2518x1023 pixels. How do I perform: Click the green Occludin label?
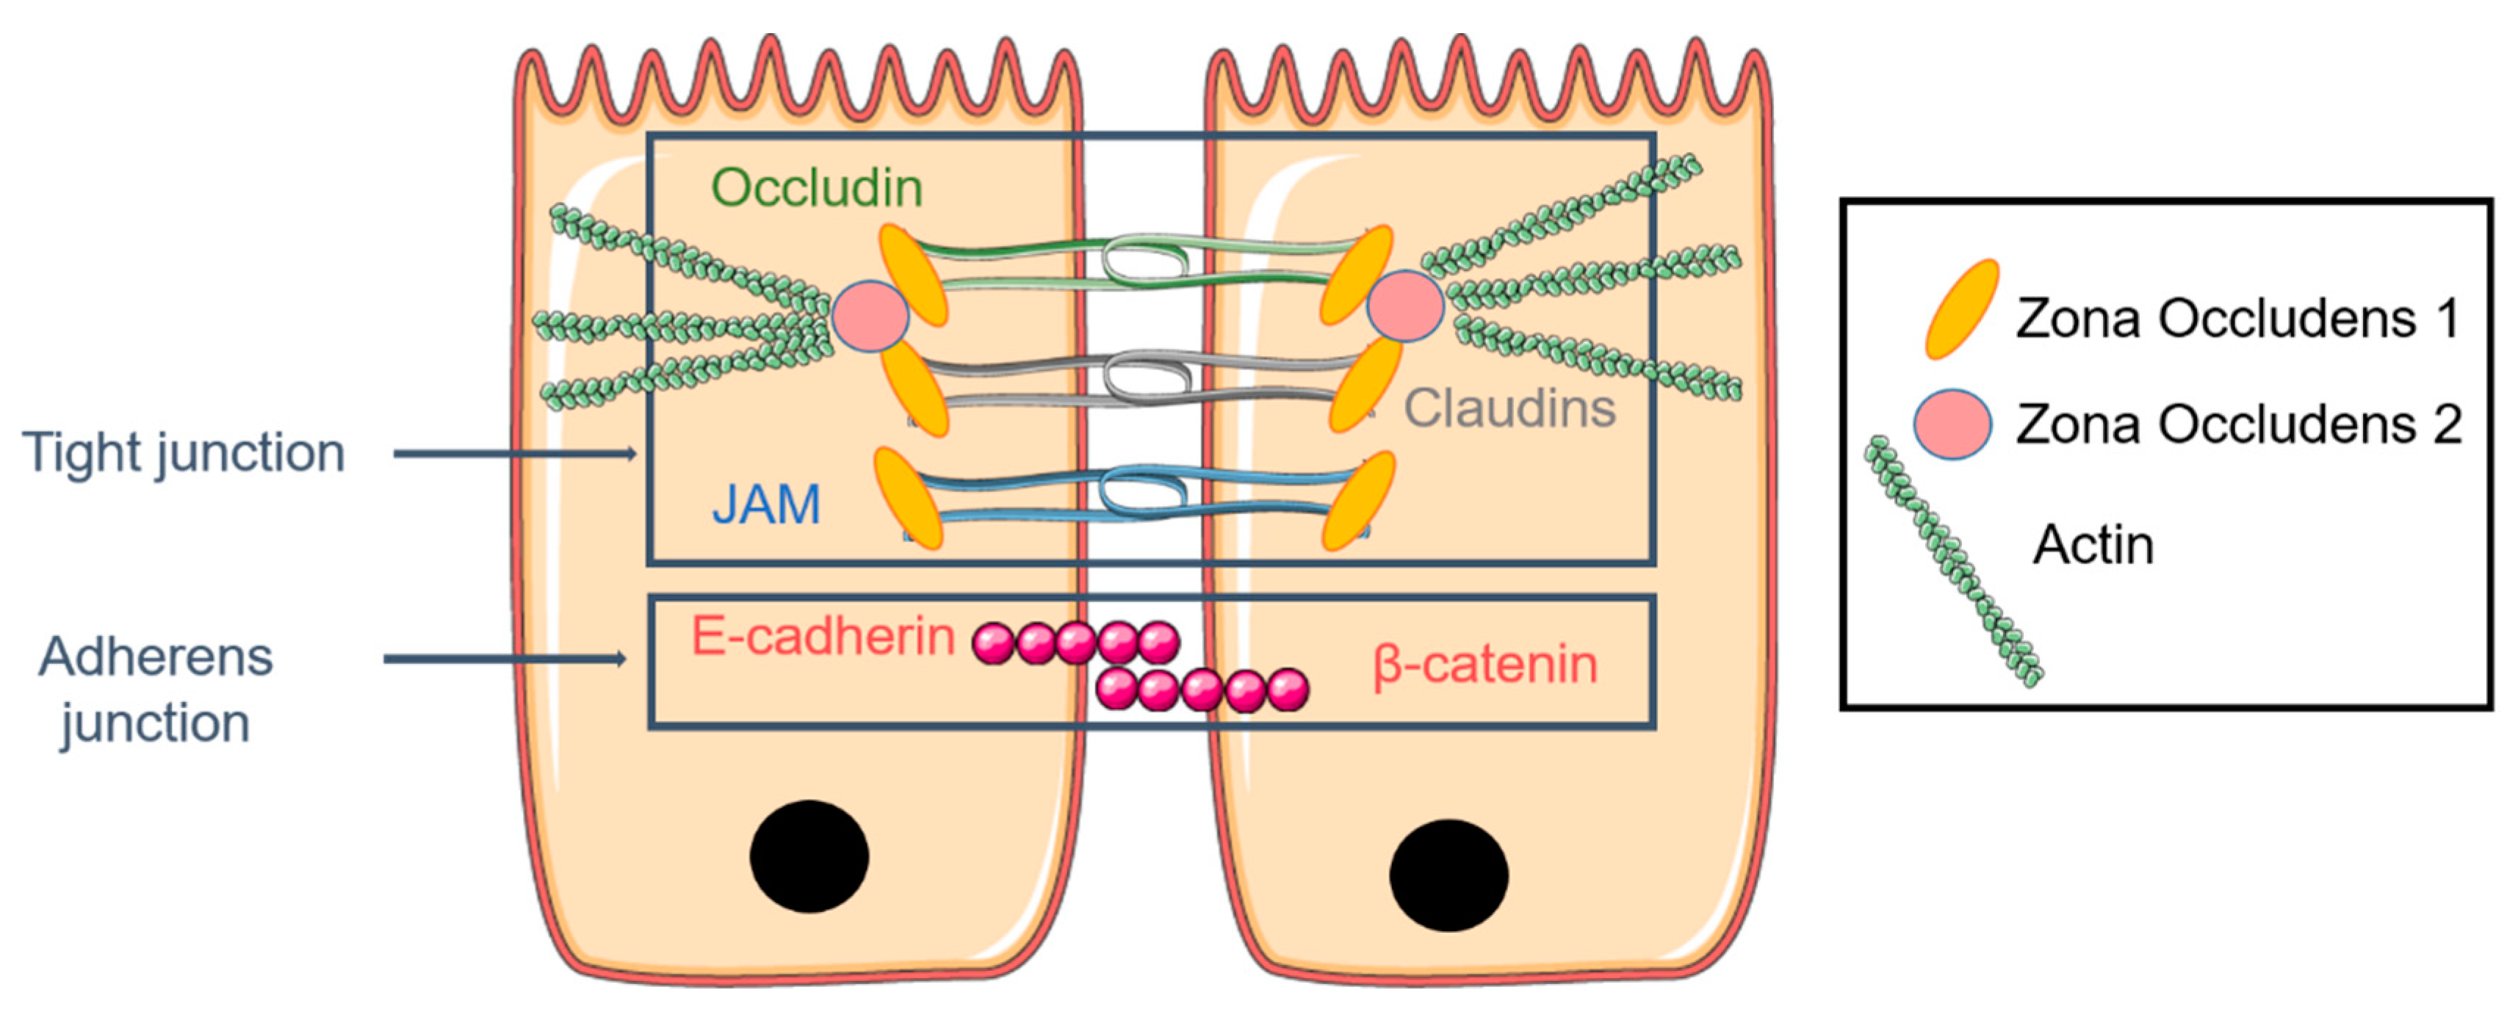tap(816, 187)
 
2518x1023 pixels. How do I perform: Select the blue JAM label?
tap(765, 505)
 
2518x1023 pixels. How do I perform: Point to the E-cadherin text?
tap(822, 637)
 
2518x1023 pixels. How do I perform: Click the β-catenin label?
tap(1485, 665)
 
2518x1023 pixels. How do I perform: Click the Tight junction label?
tap(184, 453)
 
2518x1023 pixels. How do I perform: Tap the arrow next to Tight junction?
tap(514, 453)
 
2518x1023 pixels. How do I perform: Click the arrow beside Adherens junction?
tap(503, 659)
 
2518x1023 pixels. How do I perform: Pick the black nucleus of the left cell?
tap(809, 856)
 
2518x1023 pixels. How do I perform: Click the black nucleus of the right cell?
tap(1448, 875)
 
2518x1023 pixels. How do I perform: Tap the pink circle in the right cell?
tap(1404, 306)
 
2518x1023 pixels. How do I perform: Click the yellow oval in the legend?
tap(1960, 308)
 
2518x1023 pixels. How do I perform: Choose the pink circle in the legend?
tap(1952, 424)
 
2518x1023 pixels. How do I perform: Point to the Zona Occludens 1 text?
tap(2237, 319)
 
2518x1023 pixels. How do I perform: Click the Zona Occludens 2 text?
tap(2237, 424)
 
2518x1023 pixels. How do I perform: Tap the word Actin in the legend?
tap(2093, 544)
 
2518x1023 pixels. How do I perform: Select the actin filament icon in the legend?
tap(1954, 562)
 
